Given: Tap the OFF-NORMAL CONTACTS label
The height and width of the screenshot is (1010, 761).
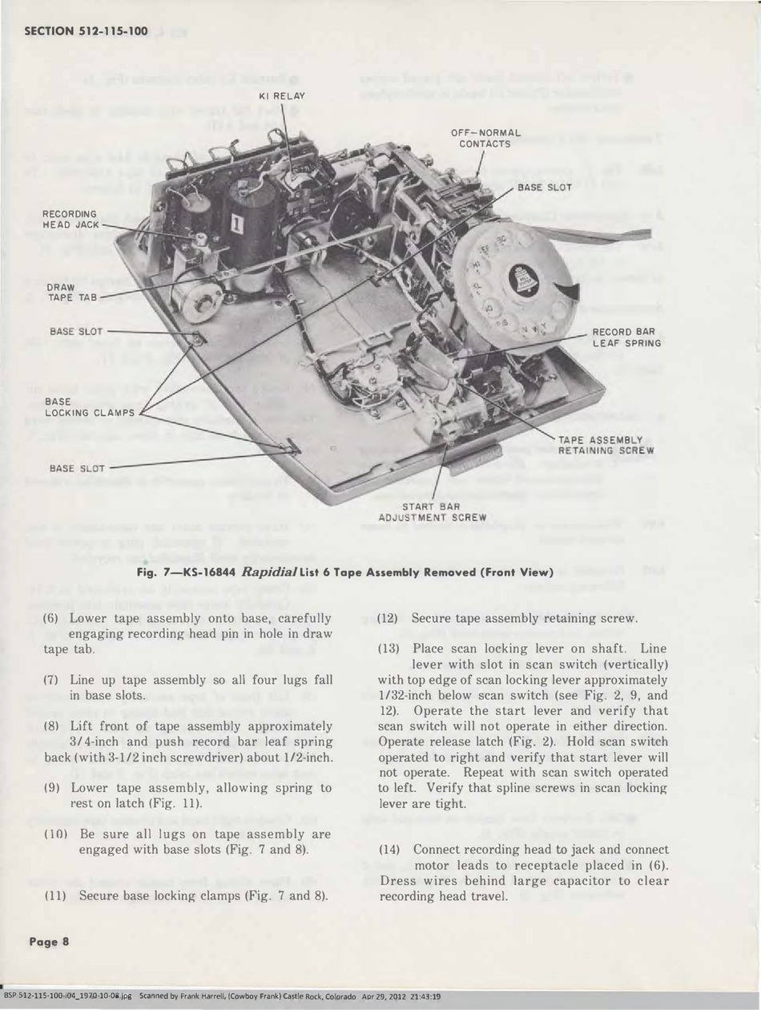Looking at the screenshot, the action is coord(485,138).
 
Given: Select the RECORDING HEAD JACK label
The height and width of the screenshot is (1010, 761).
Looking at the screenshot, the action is coord(71,219).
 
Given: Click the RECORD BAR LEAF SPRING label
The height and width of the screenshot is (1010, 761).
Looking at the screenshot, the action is coord(626,337).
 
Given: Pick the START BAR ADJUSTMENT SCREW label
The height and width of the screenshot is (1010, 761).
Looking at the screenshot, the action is coord(432,512).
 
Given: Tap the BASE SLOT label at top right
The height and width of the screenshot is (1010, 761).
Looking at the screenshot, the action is coord(544,187).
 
